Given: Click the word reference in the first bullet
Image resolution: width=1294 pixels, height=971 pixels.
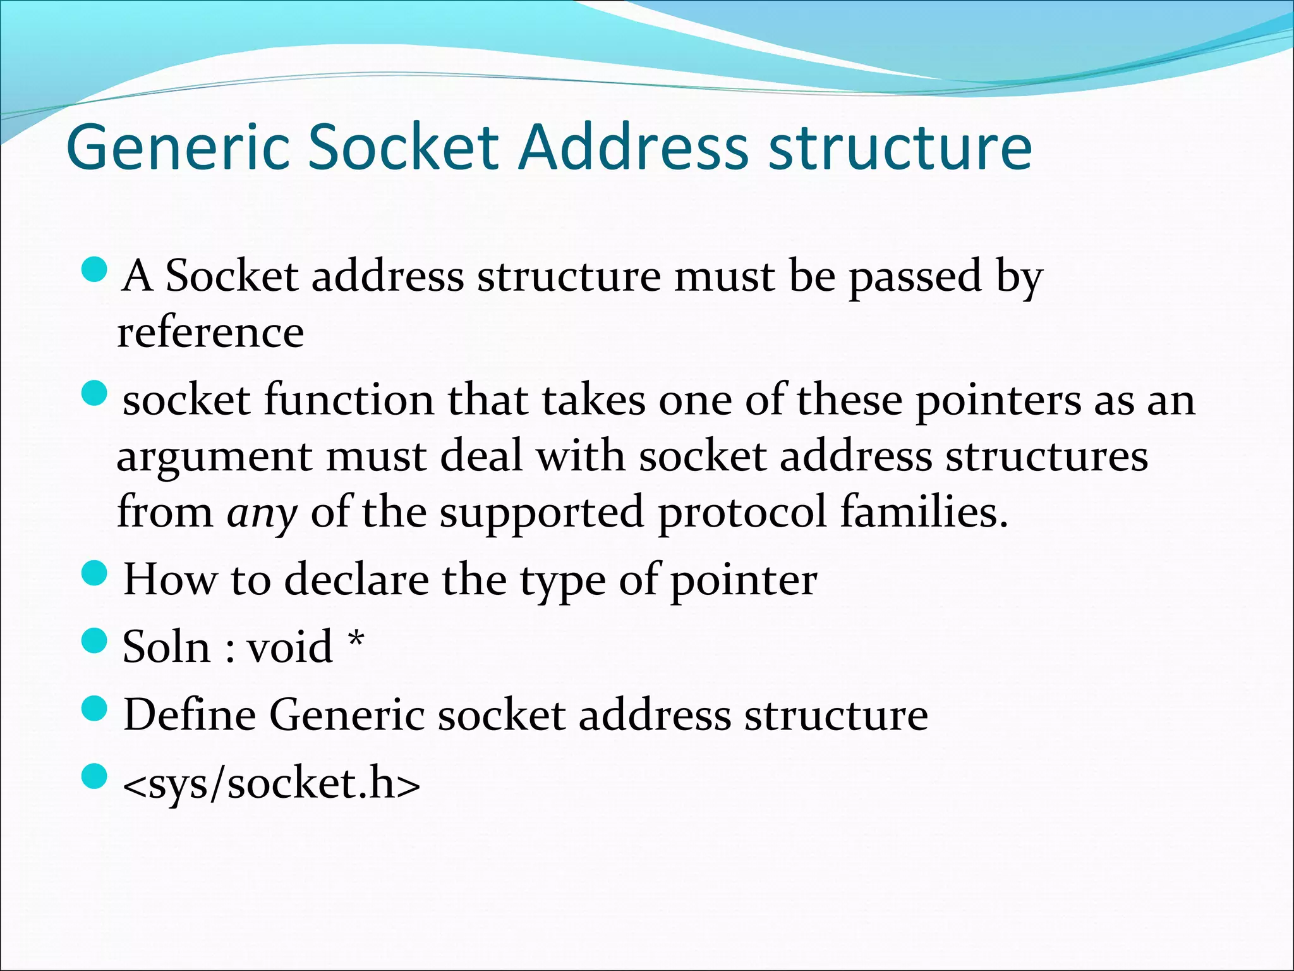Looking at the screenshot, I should click(x=210, y=333).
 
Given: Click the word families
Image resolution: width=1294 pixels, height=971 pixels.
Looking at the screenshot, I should click(x=924, y=511).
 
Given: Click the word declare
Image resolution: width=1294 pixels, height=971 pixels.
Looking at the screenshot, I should click(x=356, y=580).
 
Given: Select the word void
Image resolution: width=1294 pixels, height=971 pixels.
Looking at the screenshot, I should click(x=289, y=647).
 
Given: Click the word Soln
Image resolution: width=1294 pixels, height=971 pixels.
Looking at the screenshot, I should click(x=166, y=647).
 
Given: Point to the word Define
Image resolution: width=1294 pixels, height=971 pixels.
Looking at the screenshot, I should click(x=190, y=715).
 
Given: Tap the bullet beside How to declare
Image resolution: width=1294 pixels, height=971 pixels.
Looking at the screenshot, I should click(x=95, y=575).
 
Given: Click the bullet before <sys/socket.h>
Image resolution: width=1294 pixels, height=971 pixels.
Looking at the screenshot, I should click(x=95, y=777).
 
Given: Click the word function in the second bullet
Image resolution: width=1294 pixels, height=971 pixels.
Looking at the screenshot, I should click(x=349, y=401).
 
